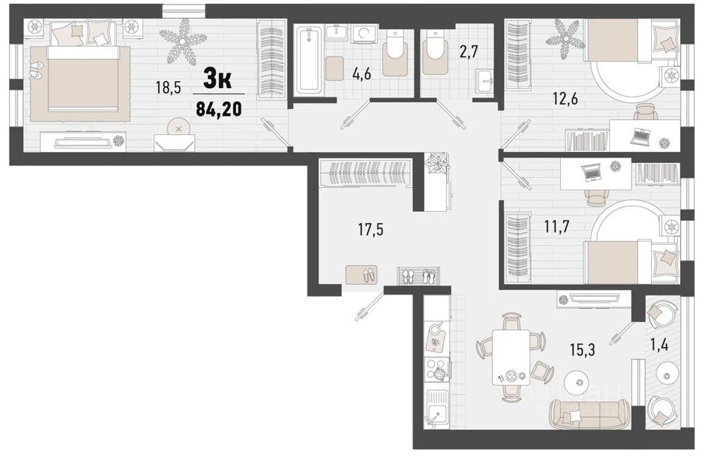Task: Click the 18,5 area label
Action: coord(168,87)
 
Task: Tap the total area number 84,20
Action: coord(219,108)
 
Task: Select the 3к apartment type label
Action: coord(217,80)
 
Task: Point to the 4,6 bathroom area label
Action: coord(361,74)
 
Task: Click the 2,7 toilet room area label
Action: coord(469,51)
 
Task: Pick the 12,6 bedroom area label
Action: coord(565,99)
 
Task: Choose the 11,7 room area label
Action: coord(557,227)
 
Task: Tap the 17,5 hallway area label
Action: coord(371,230)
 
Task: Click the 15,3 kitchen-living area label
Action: coord(583,349)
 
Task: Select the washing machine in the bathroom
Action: coord(365,33)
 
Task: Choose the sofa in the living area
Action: coord(590,413)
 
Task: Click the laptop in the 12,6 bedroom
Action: coord(641,136)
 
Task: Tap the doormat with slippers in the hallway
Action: coord(361,274)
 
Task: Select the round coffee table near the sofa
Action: coord(579,382)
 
